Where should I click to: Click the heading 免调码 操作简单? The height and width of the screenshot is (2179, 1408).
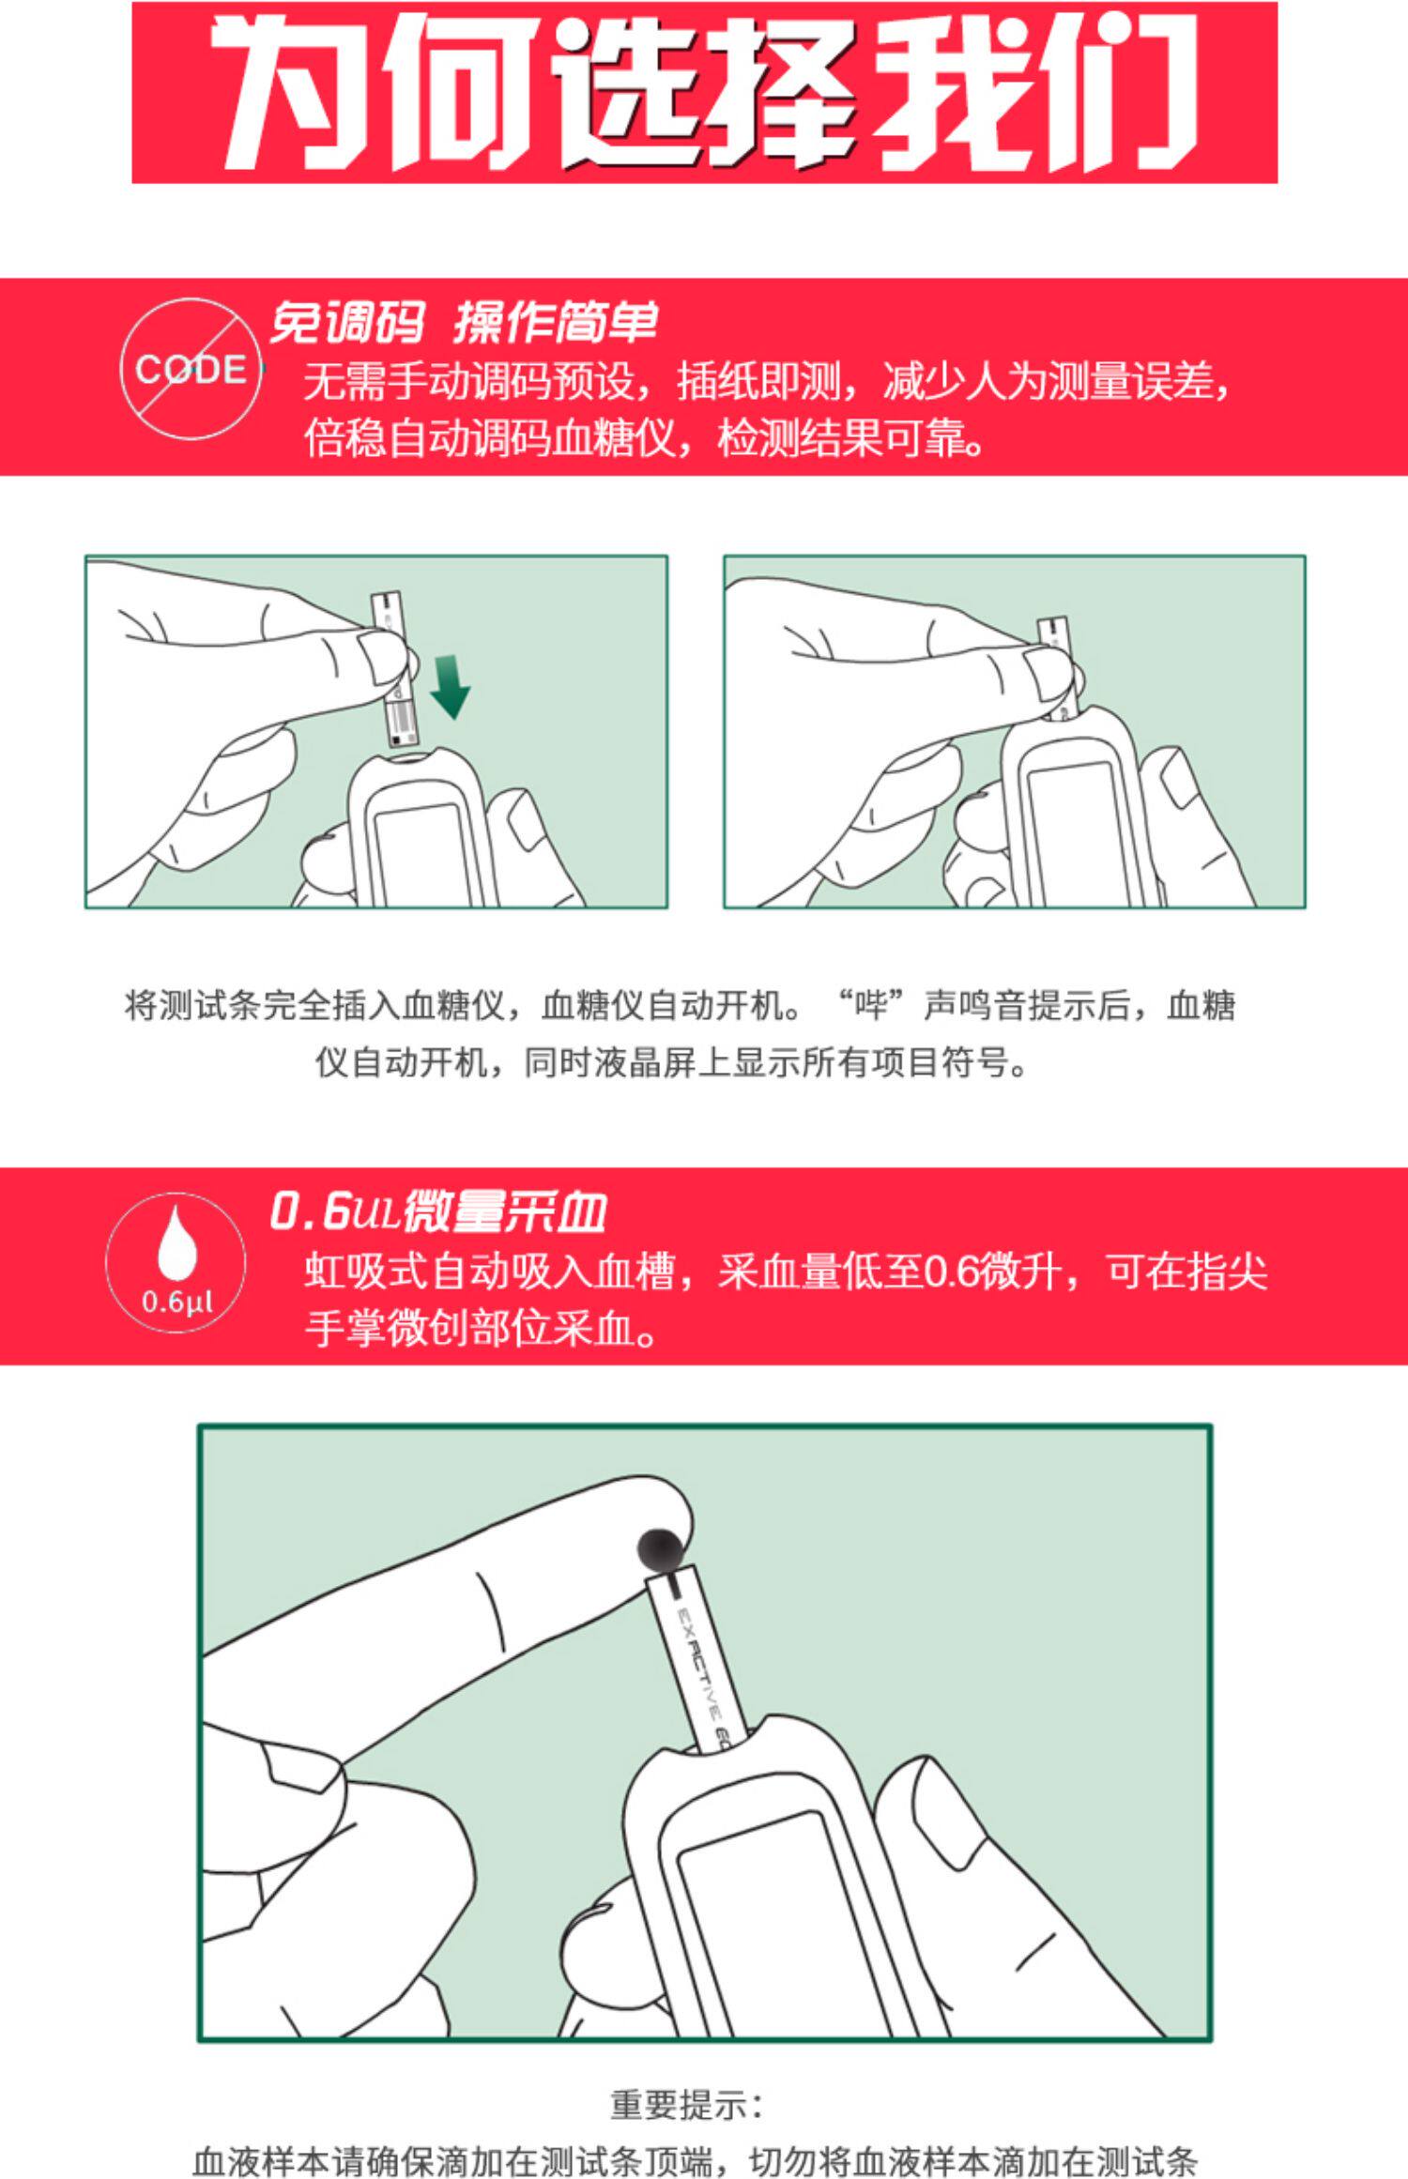463,323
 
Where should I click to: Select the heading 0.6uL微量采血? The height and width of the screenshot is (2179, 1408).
437,1211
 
